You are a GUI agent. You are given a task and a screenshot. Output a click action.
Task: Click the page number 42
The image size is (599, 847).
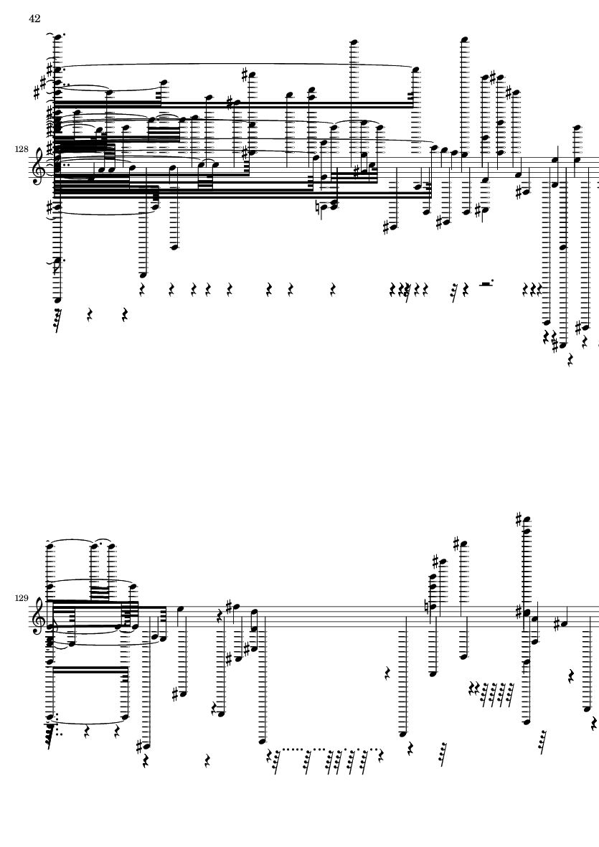pyautogui.click(x=34, y=19)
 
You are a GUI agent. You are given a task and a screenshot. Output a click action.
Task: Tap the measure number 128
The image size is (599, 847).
pyautogui.click(x=21, y=148)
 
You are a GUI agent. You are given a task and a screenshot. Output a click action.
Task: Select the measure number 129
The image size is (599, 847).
pyautogui.click(x=21, y=598)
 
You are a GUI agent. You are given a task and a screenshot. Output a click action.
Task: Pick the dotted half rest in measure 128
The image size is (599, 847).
pyautogui.click(x=486, y=283)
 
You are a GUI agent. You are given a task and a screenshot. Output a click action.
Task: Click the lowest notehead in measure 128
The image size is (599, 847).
pyautogui.click(x=564, y=345)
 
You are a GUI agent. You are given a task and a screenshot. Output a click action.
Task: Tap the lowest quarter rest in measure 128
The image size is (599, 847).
pyautogui.click(x=570, y=360)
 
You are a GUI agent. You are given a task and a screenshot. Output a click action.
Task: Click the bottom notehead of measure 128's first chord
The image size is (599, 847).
pyautogui.click(x=57, y=300)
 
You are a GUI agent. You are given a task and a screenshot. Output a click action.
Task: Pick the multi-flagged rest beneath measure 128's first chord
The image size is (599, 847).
pyautogui.click(x=57, y=320)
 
